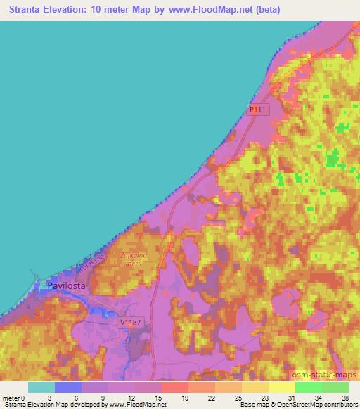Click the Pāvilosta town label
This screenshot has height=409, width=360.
click(x=67, y=286)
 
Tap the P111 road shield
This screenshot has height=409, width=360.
click(x=258, y=110)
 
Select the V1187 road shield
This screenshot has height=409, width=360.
click(x=129, y=321)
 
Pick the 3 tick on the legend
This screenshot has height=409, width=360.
click(x=55, y=398)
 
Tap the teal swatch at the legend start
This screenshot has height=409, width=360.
click(x=41, y=387)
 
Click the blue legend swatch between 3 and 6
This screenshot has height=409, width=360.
click(x=68, y=387)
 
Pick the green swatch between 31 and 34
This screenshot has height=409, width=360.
click(x=309, y=387)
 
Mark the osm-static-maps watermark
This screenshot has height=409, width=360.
click(x=327, y=375)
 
